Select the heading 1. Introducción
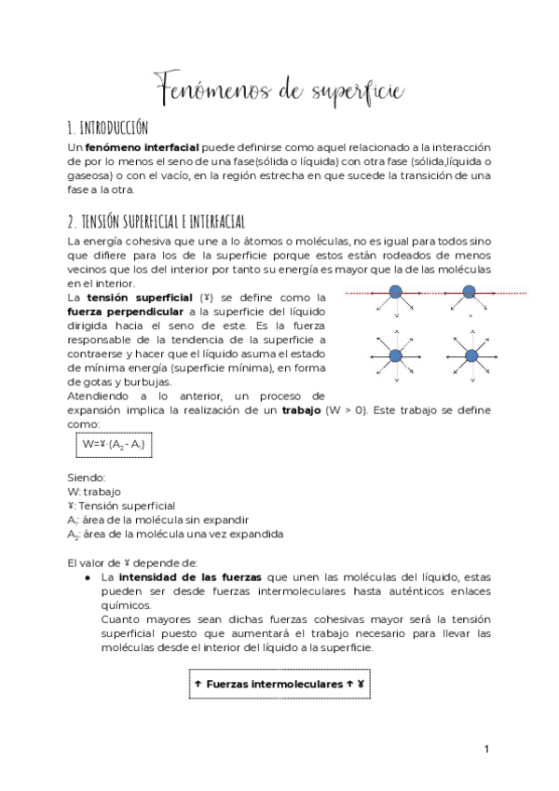pos(107,128)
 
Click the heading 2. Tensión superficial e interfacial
pos(156,221)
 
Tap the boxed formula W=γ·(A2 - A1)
pos(115,445)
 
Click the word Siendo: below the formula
pos(87,478)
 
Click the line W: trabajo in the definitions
pos(94,492)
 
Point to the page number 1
pos(486,748)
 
